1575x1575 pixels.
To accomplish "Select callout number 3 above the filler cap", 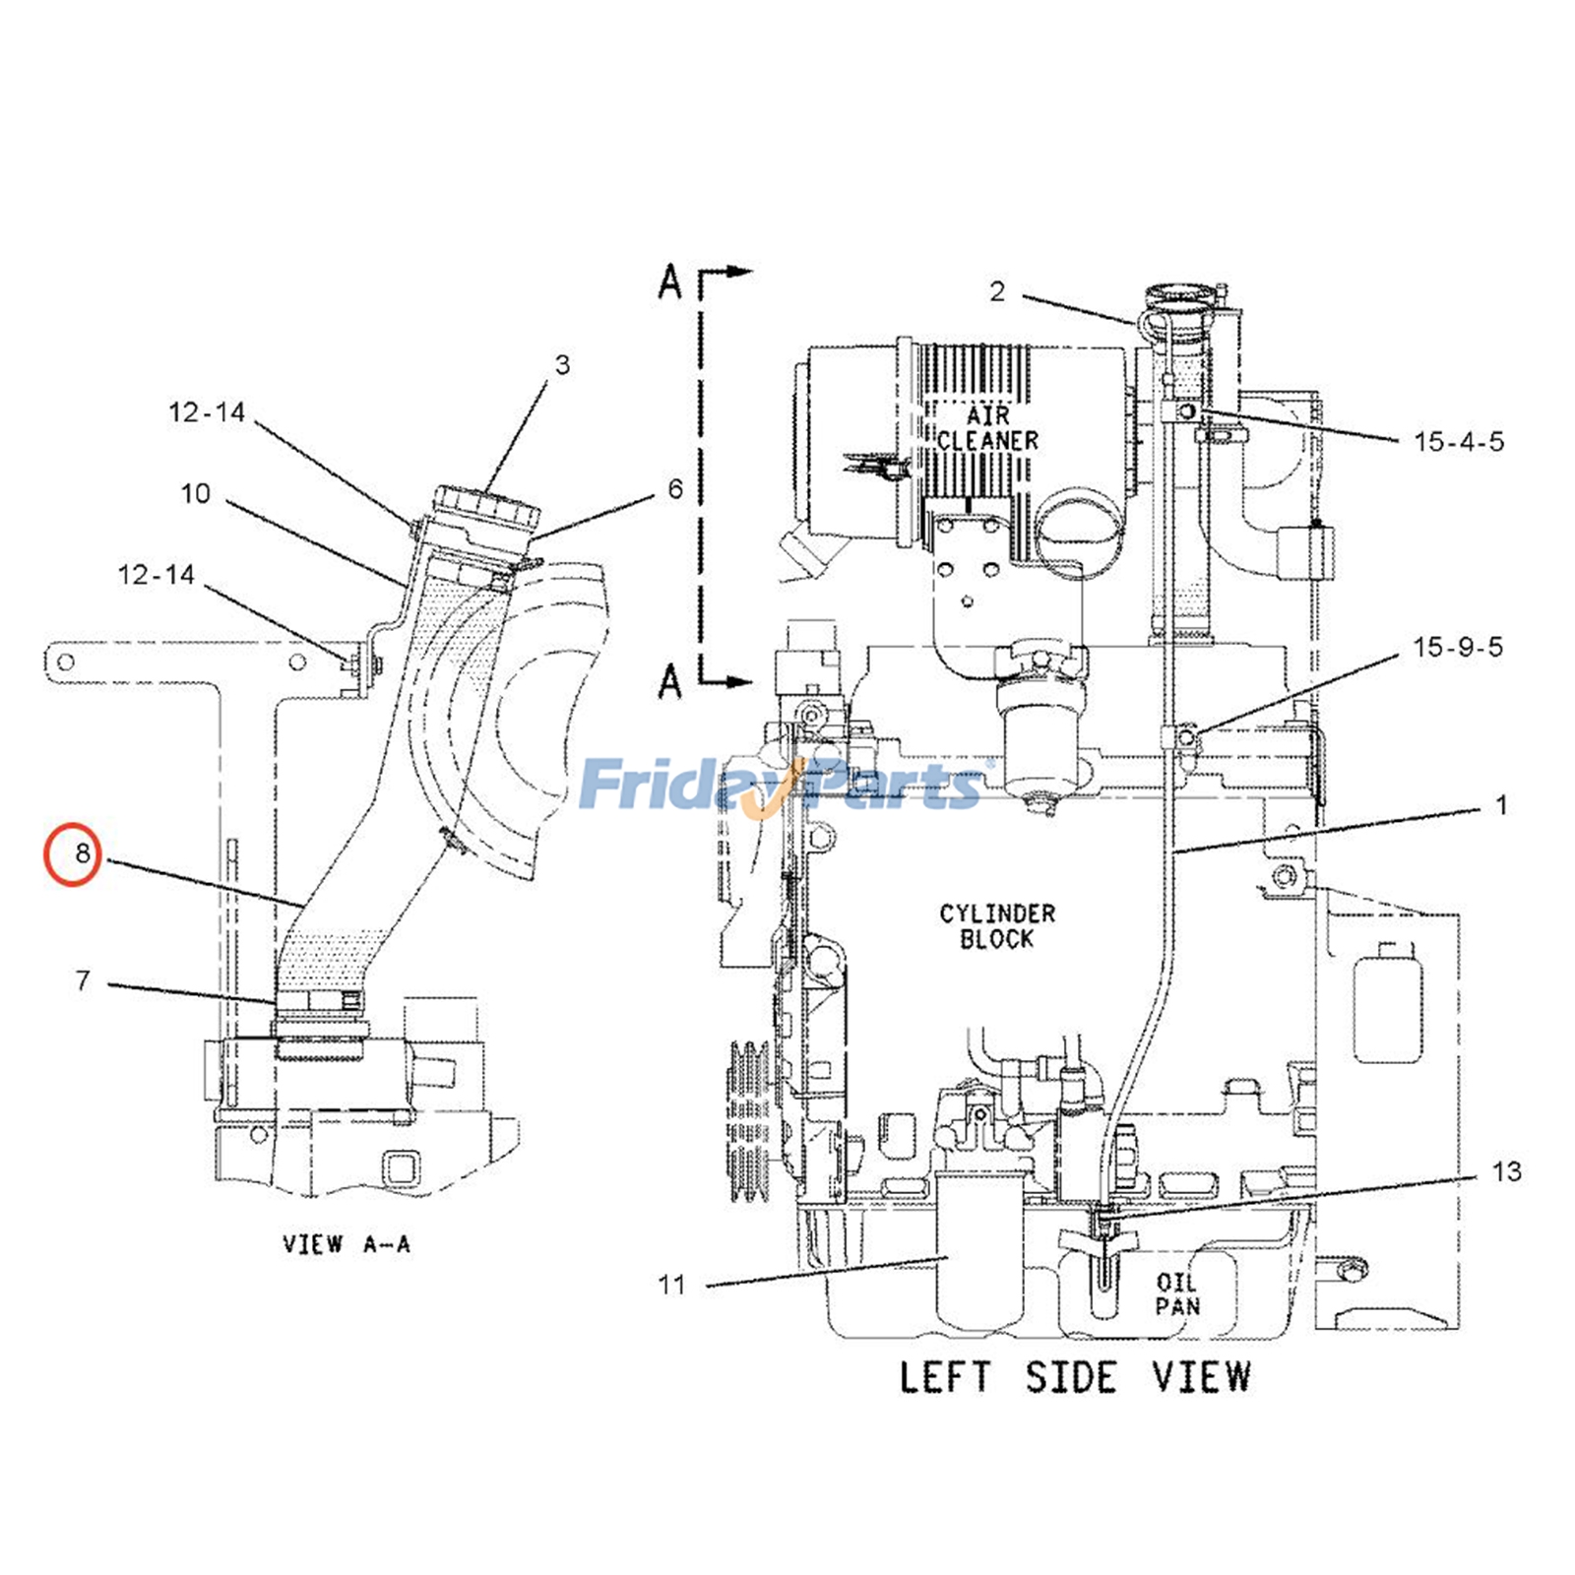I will coord(562,365).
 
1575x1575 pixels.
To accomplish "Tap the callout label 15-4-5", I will coord(1459,442).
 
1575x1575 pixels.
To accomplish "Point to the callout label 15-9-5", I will coord(1458,648).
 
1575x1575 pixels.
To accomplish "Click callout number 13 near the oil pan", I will coord(1506,1171).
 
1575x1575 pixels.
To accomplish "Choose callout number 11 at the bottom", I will coord(671,1285).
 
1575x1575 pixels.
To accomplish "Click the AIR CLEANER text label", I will coord(987,428).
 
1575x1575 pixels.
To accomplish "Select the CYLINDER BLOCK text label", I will coord(996,926).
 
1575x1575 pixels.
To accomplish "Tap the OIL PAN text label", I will coord(1177,1294).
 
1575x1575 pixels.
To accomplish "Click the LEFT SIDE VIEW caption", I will coord(1074,1377).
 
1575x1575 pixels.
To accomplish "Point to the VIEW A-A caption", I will coord(346,1244).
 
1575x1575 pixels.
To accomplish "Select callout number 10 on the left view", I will coord(196,493).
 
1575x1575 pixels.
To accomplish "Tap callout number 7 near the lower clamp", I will coord(83,980).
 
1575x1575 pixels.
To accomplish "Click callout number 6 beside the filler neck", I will coord(675,489).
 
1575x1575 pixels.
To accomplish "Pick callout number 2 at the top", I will coord(997,291).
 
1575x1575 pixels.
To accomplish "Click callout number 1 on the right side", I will coord(1501,805).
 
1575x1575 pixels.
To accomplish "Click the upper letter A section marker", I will coord(670,283).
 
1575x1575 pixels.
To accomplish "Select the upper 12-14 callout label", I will coord(207,412).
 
